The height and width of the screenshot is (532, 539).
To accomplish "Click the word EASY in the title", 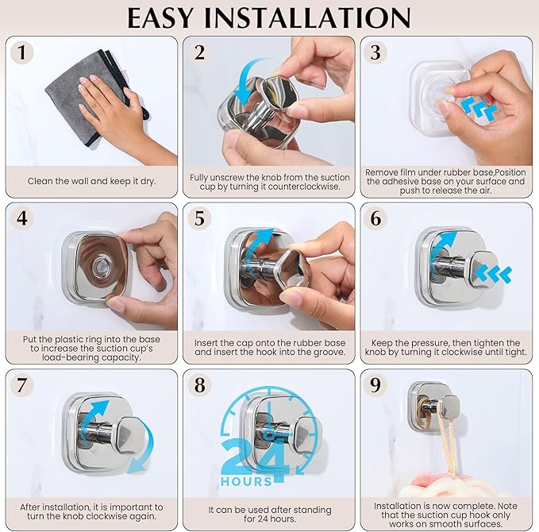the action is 160,17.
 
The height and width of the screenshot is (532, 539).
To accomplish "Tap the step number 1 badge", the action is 21,52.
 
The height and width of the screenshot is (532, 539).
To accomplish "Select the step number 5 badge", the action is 199,218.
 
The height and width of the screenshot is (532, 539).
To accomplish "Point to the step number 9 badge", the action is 375,385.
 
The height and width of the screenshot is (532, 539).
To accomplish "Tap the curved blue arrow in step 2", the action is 248,81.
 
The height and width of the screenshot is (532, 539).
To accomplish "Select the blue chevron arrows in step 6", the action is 494,274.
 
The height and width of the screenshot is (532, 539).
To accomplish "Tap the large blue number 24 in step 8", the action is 255,455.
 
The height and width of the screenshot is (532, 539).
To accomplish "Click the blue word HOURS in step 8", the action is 246,481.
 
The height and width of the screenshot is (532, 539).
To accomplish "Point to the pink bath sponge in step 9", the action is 447,485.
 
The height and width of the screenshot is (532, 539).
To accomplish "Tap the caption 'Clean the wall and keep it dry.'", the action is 92,181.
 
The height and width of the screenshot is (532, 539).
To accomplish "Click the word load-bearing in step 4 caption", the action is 65,357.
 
